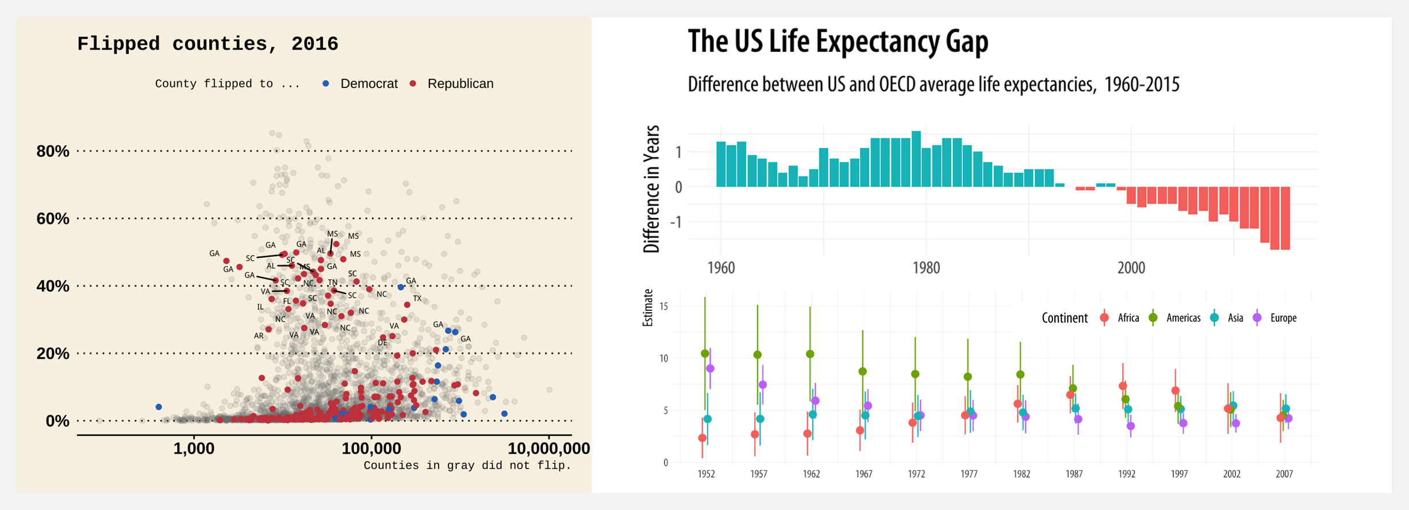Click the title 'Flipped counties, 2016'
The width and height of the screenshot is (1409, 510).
pyautogui.click(x=208, y=44)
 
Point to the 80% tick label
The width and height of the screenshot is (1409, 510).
pyautogui.click(x=53, y=151)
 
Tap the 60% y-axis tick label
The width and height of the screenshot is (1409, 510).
pyautogui.click(x=53, y=219)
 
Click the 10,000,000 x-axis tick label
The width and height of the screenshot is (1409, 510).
pyautogui.click(x=548, y=449)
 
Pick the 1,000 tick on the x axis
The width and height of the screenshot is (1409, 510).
pyautogui.click(x=194, y=449)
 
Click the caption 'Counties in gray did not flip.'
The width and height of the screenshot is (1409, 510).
pyautogui.click(x=467, y=466)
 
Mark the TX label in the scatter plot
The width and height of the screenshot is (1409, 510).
pyautogui.click(x=417, y=299)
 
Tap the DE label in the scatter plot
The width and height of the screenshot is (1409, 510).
pyautogui.click(x=382, y=343)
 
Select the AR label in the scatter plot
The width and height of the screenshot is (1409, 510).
pyautogui.click(x=259, y=336)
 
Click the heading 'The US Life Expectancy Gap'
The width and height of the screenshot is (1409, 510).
pyautogui.click(x=838, y=41)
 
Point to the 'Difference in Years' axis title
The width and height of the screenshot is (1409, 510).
pyautogui.click(x=651, y=189)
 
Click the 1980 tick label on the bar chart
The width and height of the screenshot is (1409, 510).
pyautogui.click(x=926, y=268)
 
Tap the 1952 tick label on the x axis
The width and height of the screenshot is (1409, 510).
pyautogui.click(x=706, y=474)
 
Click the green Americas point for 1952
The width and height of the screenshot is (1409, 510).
pyautogui.click(x=705, y=353)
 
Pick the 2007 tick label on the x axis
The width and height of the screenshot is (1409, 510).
pyautogui.click(x=1284, y=474)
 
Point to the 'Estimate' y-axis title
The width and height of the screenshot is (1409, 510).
pyautogui.click(x=648, y=308)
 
